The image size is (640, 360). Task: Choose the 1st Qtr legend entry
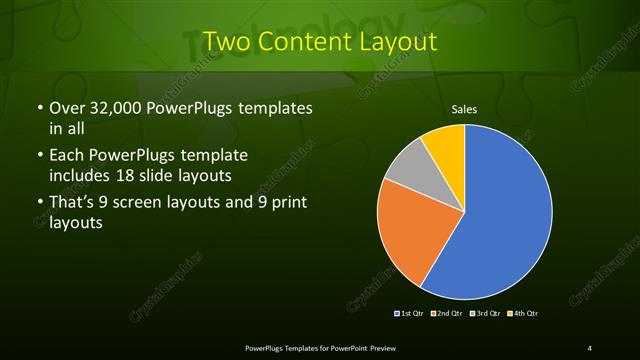[411, 313]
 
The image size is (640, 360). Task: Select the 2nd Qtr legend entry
[447, 313]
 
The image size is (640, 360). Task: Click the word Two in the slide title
[228, 42]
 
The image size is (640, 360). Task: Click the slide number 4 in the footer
[590, 348]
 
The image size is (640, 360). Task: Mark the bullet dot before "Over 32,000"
[38, 109]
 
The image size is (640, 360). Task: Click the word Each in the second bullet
[66, 156]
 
